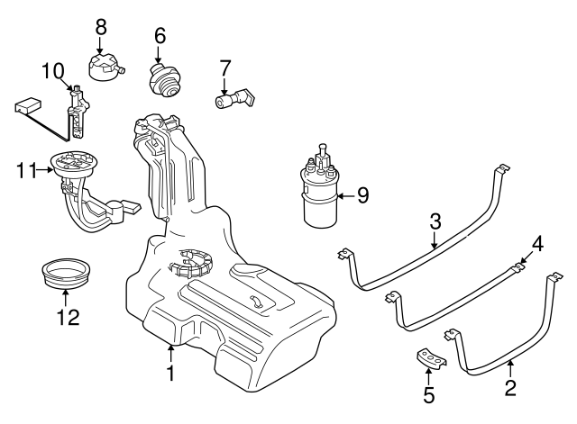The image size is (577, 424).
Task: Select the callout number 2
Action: point(510,389)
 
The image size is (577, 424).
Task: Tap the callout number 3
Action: point(435,220)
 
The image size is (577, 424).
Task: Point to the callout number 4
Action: point(537,242)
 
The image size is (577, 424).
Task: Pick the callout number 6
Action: point(160,36)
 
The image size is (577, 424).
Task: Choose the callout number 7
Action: point(225,67)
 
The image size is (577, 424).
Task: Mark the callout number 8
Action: point(100,25)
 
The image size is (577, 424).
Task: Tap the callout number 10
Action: point(52,69)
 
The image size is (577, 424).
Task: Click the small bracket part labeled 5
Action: point(431,360)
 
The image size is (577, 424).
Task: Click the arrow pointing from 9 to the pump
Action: point(345,195)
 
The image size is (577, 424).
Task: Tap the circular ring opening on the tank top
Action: point(194,262)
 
